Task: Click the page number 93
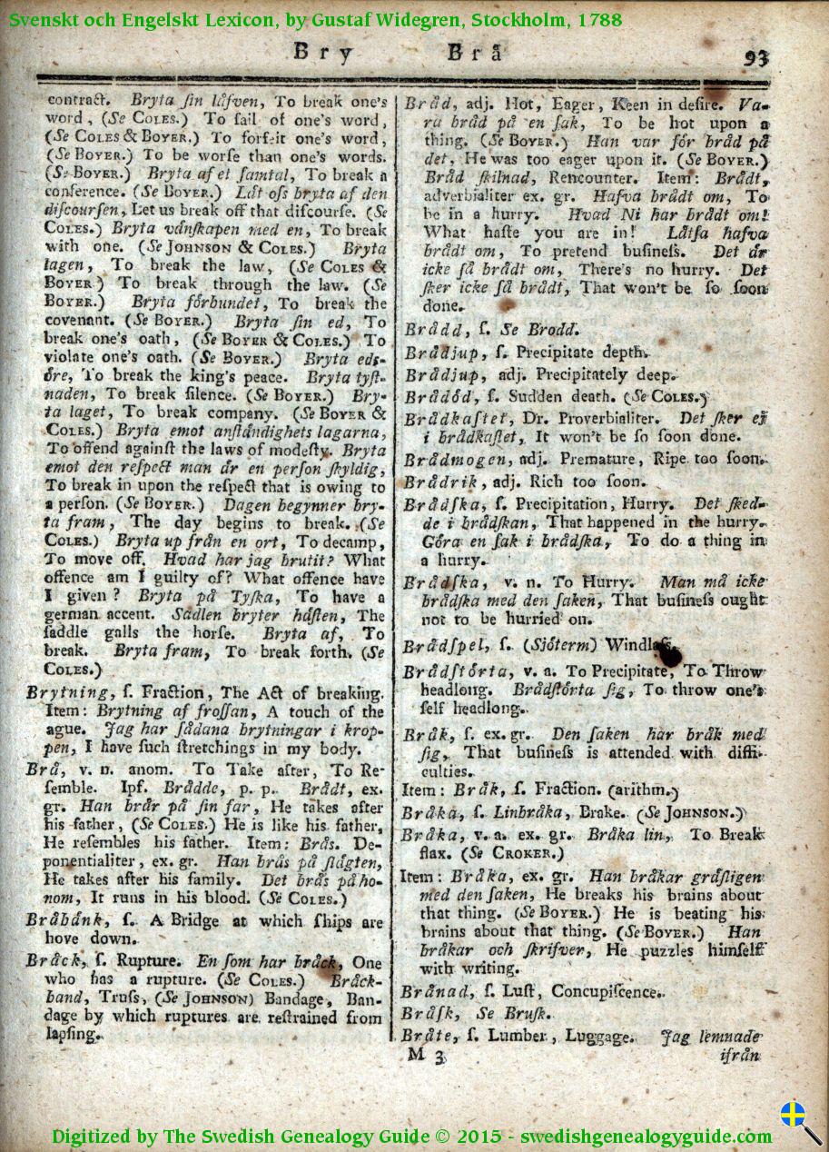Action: (x=755, y=58)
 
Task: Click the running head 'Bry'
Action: (x=322, y=53)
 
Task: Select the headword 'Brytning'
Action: (x=61, y=693)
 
